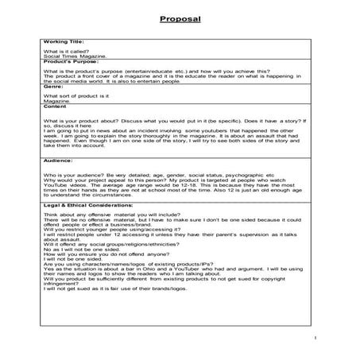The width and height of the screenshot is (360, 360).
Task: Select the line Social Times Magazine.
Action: click(x=76, y=56)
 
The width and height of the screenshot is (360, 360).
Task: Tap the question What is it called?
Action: click(x=69, y=50)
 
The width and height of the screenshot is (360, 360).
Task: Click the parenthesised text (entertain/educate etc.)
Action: click(x=148, y=71)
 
